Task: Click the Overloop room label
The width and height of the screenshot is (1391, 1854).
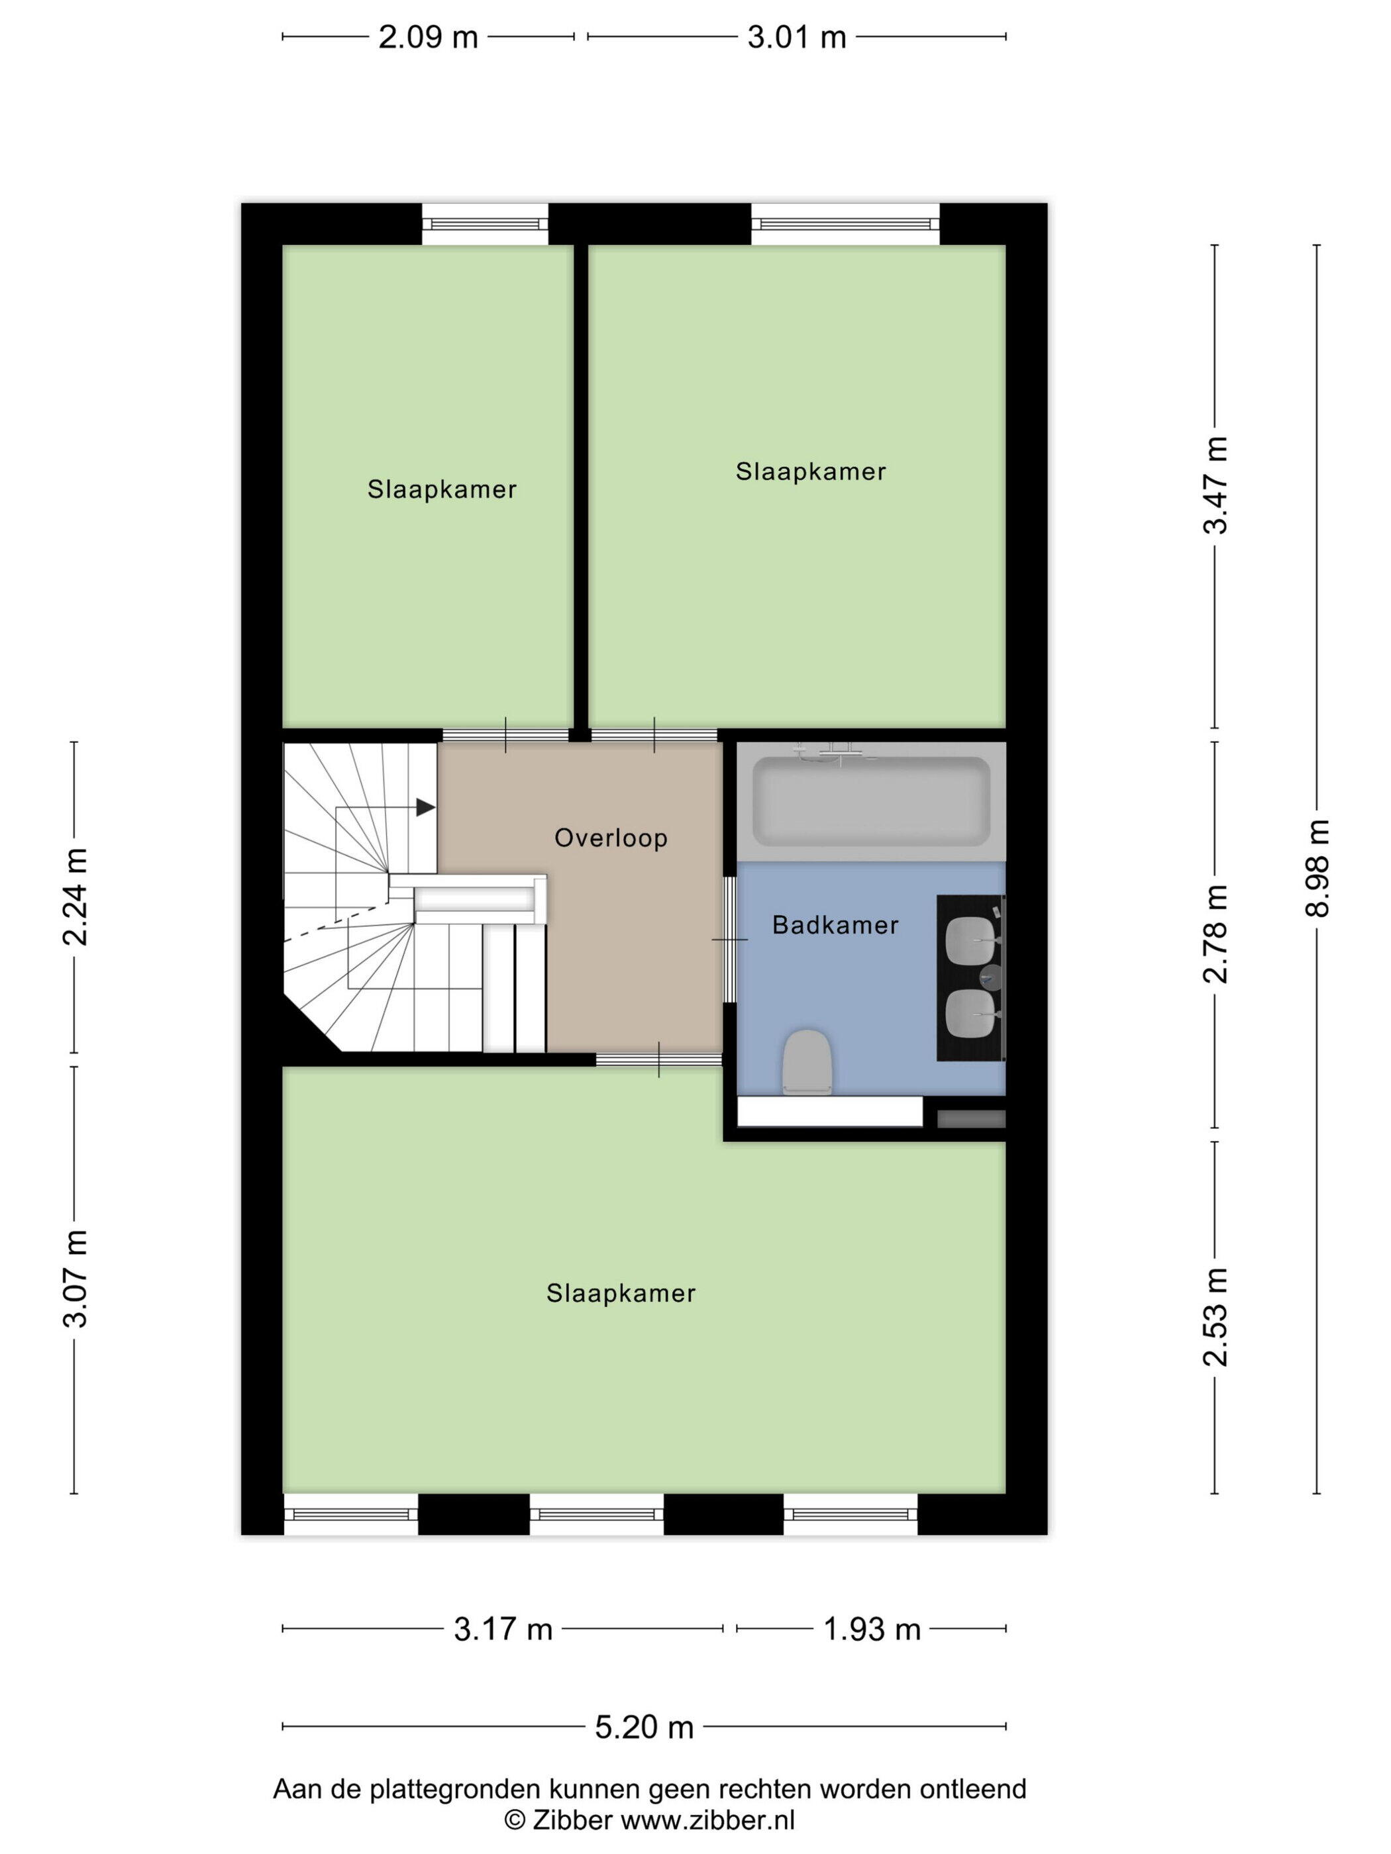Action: (x=611, y=838)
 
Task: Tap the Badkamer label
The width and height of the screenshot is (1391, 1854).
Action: (x=835, y=924)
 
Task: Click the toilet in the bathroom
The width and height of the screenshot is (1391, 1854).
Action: (x=807, y=1062)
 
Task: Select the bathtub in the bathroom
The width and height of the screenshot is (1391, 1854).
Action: (x=871, y=801)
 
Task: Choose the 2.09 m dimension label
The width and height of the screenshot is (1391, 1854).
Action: (x=428, y=38)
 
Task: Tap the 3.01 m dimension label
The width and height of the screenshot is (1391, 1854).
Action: (x=797, y=38)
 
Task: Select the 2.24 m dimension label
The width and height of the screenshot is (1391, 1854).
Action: (x=76, y=897)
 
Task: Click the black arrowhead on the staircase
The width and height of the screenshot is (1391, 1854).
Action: (x=426, y=807)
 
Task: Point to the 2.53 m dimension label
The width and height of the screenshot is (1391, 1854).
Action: (x=1215, y=1317)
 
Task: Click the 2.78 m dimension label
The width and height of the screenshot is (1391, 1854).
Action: (x=1215, y=934)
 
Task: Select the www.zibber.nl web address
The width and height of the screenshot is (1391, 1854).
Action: (x=707, y=1820)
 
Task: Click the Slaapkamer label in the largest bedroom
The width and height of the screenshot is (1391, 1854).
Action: (x=621, y=1293)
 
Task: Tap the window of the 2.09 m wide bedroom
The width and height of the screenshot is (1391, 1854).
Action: (x=485, y=224)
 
